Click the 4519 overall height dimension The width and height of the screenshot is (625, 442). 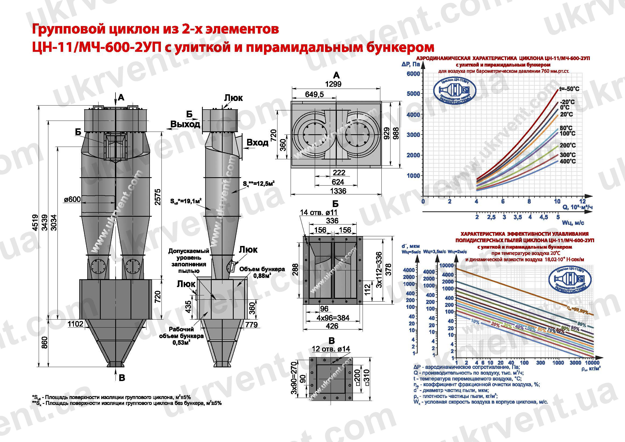35,222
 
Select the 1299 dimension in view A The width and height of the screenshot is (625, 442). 333,84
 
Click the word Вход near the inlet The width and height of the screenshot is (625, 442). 257,142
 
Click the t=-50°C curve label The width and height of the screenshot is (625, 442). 569,89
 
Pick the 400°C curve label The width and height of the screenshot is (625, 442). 568,161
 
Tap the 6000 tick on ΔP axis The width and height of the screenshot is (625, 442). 413,74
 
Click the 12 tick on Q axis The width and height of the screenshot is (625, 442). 582,201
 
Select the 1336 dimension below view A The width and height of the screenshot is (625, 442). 338,191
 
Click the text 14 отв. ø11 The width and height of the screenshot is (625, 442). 319,212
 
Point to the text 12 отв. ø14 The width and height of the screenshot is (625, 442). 331,349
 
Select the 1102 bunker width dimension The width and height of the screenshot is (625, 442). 75,324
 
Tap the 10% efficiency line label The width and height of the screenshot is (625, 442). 475,322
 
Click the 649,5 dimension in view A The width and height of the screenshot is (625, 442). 315,95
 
